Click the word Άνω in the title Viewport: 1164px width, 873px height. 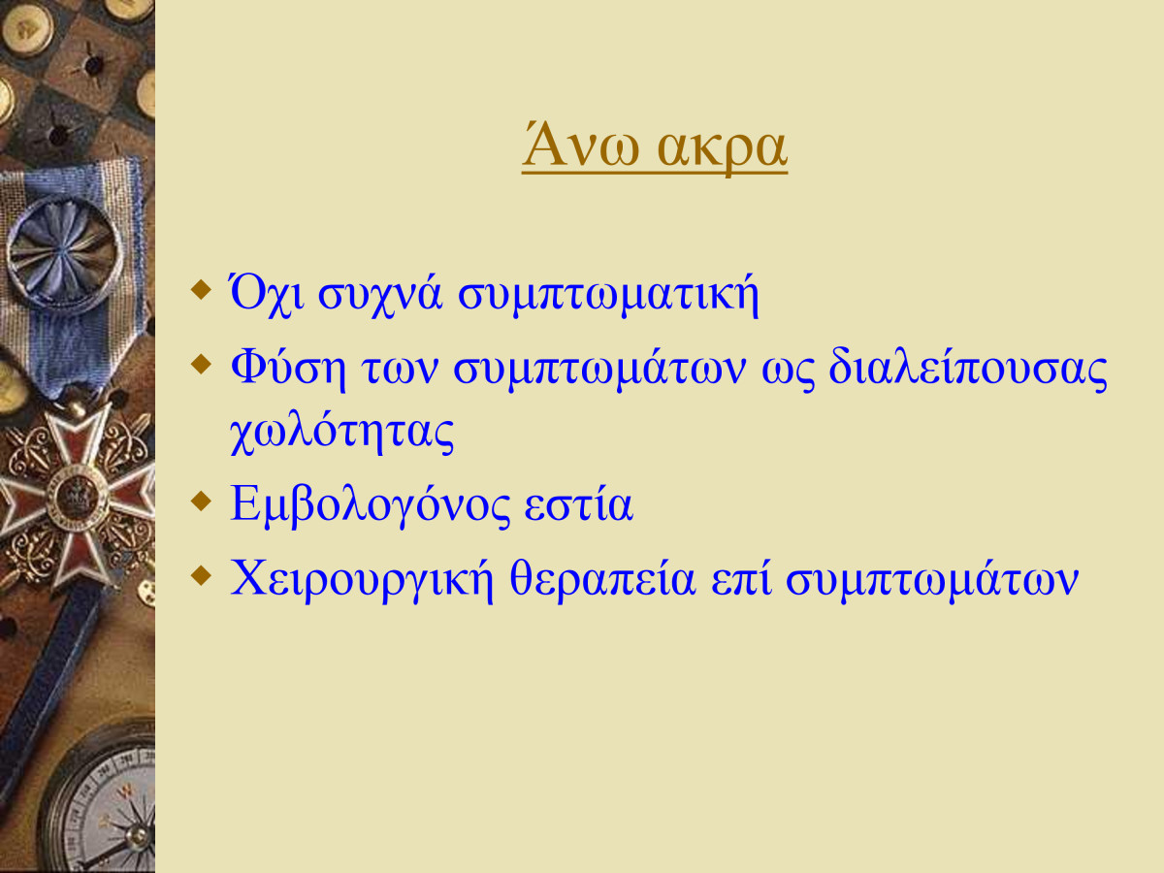580,145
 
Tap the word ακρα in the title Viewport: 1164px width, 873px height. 722,151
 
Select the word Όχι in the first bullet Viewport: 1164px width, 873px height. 267,294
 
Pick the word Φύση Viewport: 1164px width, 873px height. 288,369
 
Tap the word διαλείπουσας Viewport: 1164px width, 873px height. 968,369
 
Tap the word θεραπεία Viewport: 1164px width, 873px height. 602,579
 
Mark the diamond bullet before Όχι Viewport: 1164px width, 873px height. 201,290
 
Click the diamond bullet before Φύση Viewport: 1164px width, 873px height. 201,364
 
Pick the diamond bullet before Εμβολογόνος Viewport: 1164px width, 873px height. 201,501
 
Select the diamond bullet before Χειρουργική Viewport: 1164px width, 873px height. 201,574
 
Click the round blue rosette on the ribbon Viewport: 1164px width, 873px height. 64,254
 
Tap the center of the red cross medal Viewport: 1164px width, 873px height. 76,497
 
